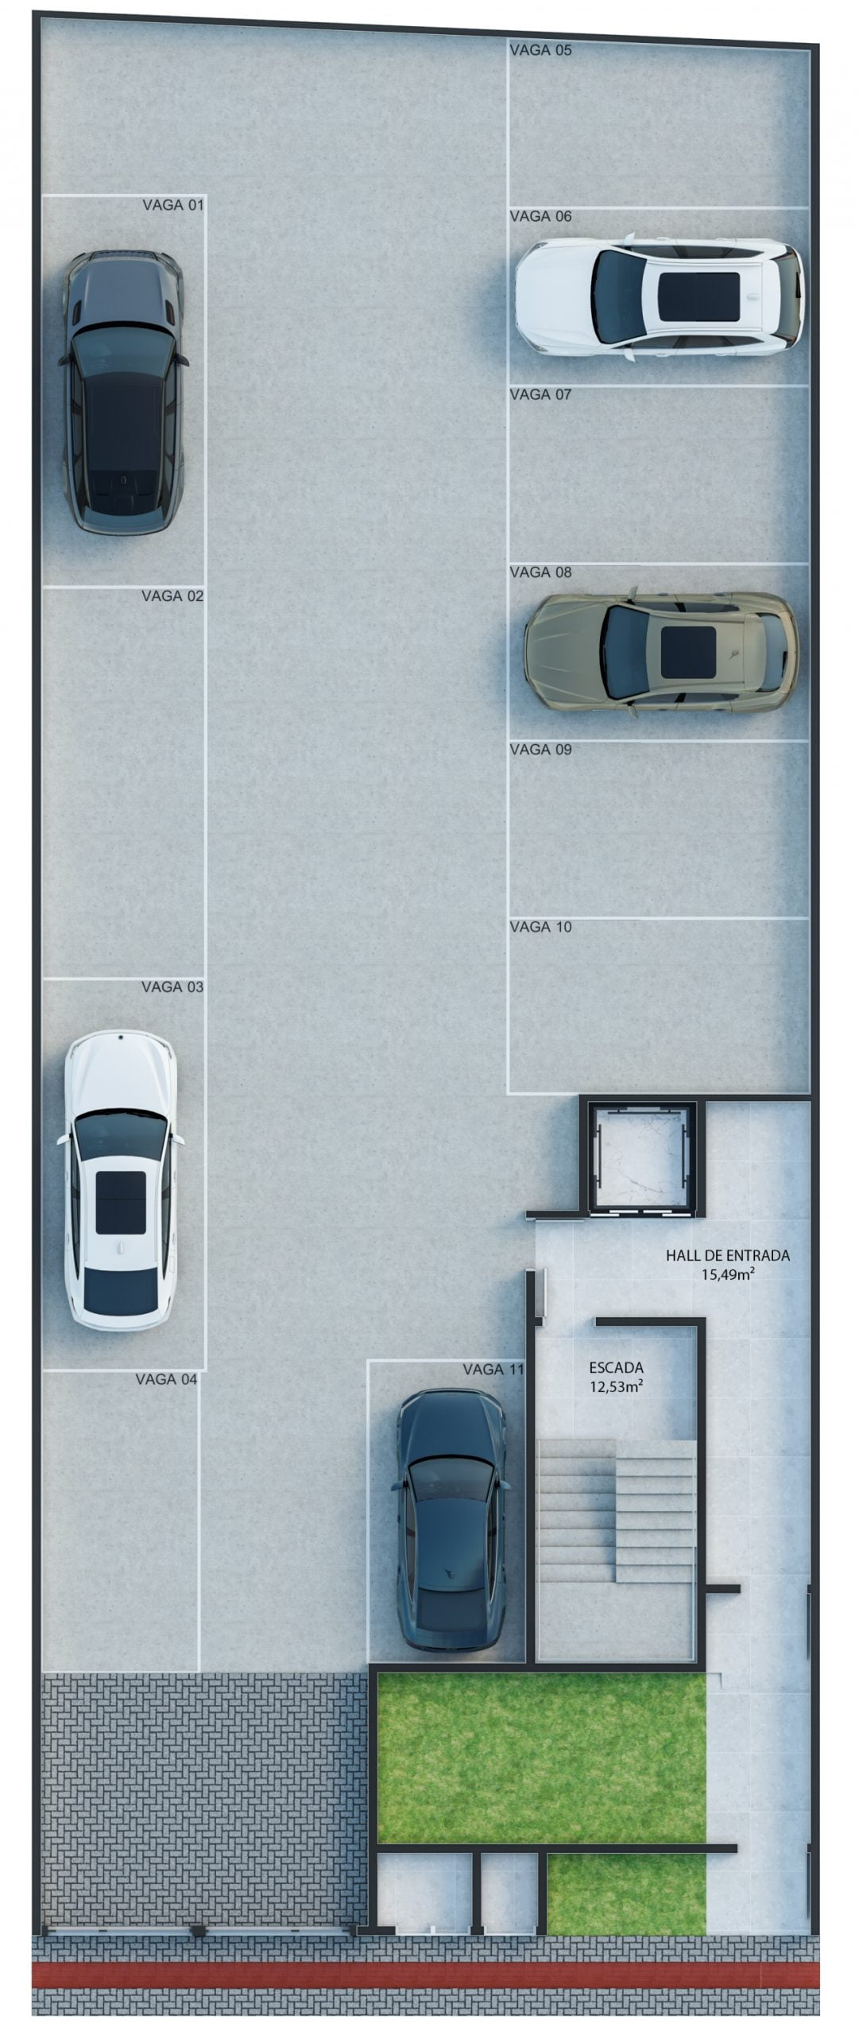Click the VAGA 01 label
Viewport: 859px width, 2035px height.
(x=173, y=205)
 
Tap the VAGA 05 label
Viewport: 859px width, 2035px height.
(x=540, y=50)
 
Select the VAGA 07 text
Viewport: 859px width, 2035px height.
(x=540, y=393)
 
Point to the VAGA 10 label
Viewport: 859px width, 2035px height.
(x=540, y=926)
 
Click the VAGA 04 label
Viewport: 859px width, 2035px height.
(x=166, y=1379)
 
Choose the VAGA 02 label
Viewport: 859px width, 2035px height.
(x=172, y=595)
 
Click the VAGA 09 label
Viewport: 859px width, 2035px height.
(x=540, y=749)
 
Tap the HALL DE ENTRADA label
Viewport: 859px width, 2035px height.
(x=728, y=1256)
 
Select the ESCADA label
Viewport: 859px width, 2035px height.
(x=616, y=1368)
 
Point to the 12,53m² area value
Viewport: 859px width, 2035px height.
(x=616, y=1386)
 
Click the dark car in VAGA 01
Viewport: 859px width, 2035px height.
(x=124, y=390)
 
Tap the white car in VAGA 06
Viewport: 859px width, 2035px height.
(x=660, y=297)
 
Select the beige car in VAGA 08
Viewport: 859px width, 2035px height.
(x=660, y=651)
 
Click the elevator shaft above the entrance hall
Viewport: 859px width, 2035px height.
(x=642, y=1156)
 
